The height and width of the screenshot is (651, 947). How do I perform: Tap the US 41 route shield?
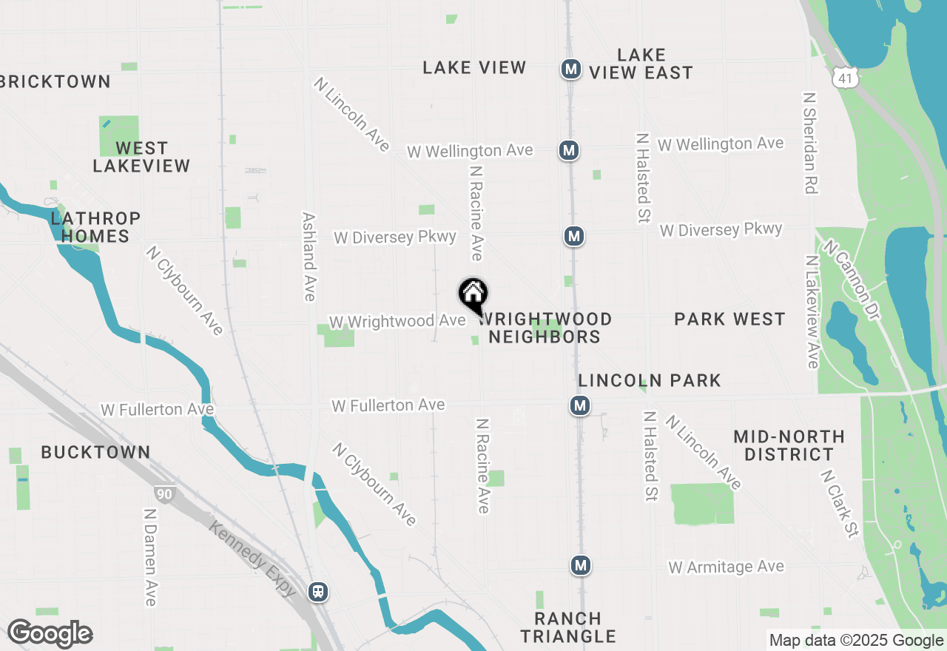click(844, 76)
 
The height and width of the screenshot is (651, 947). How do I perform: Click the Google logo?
click(50, 634)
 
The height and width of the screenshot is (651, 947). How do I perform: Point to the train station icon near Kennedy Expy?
click(318, 592)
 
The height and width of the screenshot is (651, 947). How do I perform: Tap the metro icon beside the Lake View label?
click(570, 69)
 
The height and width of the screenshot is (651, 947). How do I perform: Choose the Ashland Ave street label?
click(309, 257)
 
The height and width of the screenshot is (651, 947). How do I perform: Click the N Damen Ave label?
click(150, 556)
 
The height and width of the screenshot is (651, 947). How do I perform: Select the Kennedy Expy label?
click(253, 559)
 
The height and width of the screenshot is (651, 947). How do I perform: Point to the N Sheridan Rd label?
click(810, 143)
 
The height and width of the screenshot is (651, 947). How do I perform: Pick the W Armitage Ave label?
click(726, 567)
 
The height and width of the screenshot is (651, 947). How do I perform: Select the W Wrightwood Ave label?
click(397, 322)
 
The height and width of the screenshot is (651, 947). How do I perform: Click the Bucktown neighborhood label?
click(95, 452)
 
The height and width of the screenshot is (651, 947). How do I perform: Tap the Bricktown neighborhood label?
click(55, 81)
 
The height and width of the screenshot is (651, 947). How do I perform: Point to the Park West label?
click(729, 319)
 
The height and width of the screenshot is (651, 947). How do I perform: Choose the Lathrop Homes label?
click(95, 227)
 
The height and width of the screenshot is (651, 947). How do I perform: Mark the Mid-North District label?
click(789, 445)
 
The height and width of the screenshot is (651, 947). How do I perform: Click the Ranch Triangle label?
click(567, 627)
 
